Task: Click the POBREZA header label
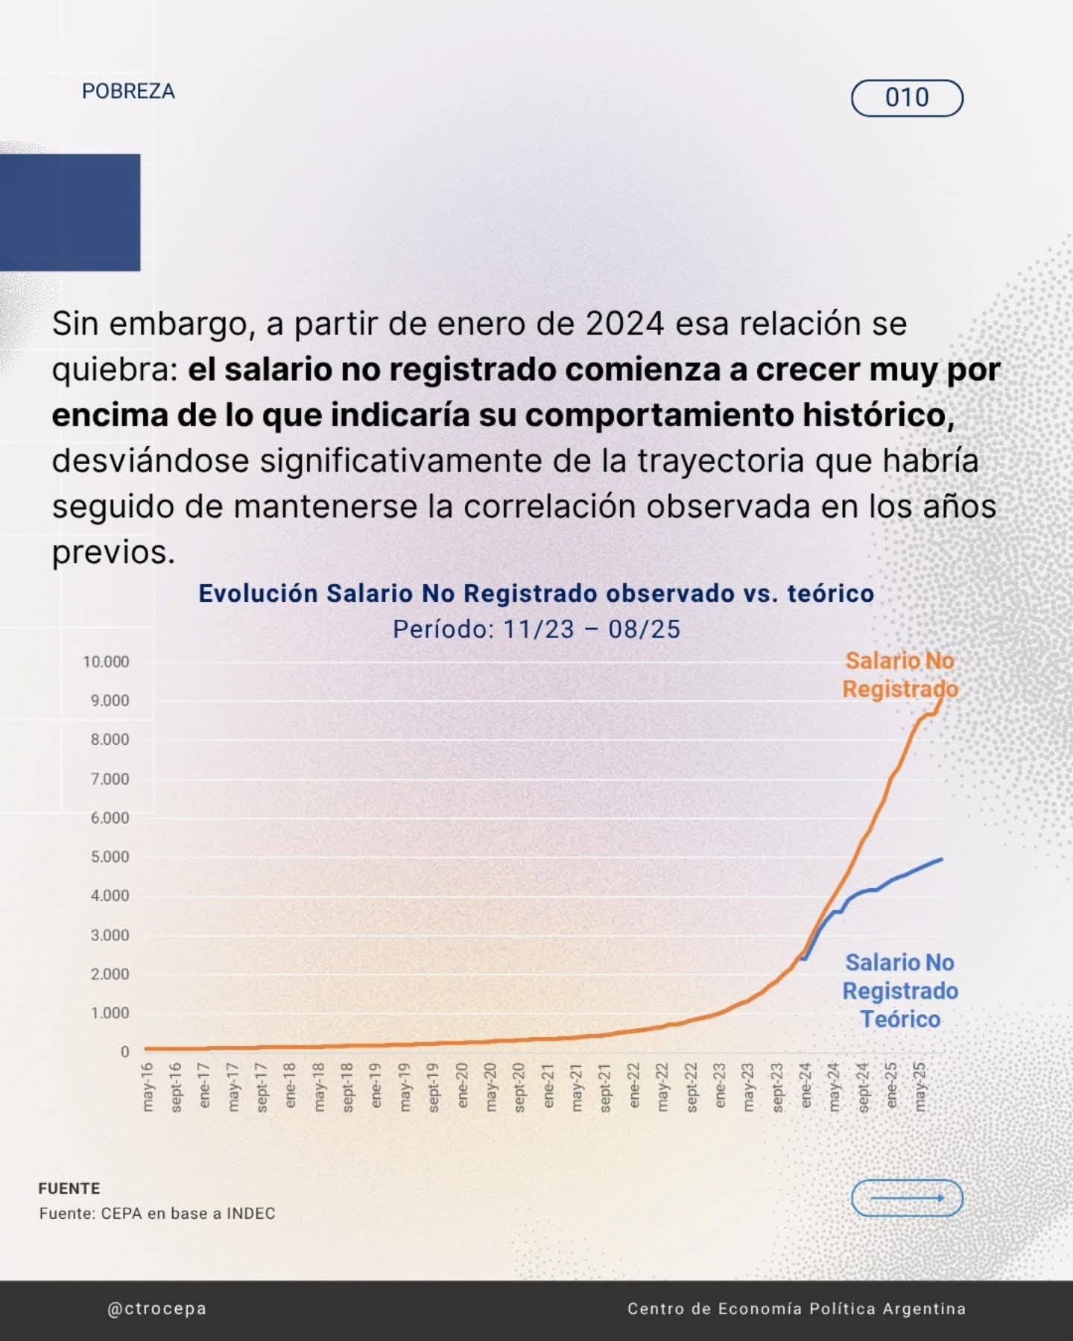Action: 128,92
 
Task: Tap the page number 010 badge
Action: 907,98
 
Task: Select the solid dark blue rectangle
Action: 70,212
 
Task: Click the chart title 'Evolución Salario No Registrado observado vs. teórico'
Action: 536,594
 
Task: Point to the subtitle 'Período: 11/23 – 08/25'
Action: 536,630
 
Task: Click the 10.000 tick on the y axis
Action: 106,662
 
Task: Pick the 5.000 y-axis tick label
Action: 110,857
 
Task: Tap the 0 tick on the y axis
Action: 124,1052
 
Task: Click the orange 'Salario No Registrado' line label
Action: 900,675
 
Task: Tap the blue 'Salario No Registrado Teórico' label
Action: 900,991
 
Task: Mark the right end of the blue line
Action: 942,859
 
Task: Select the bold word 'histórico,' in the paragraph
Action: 876,416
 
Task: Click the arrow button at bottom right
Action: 907,1198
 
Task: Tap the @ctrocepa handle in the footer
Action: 156,1309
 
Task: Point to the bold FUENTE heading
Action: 69,1188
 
